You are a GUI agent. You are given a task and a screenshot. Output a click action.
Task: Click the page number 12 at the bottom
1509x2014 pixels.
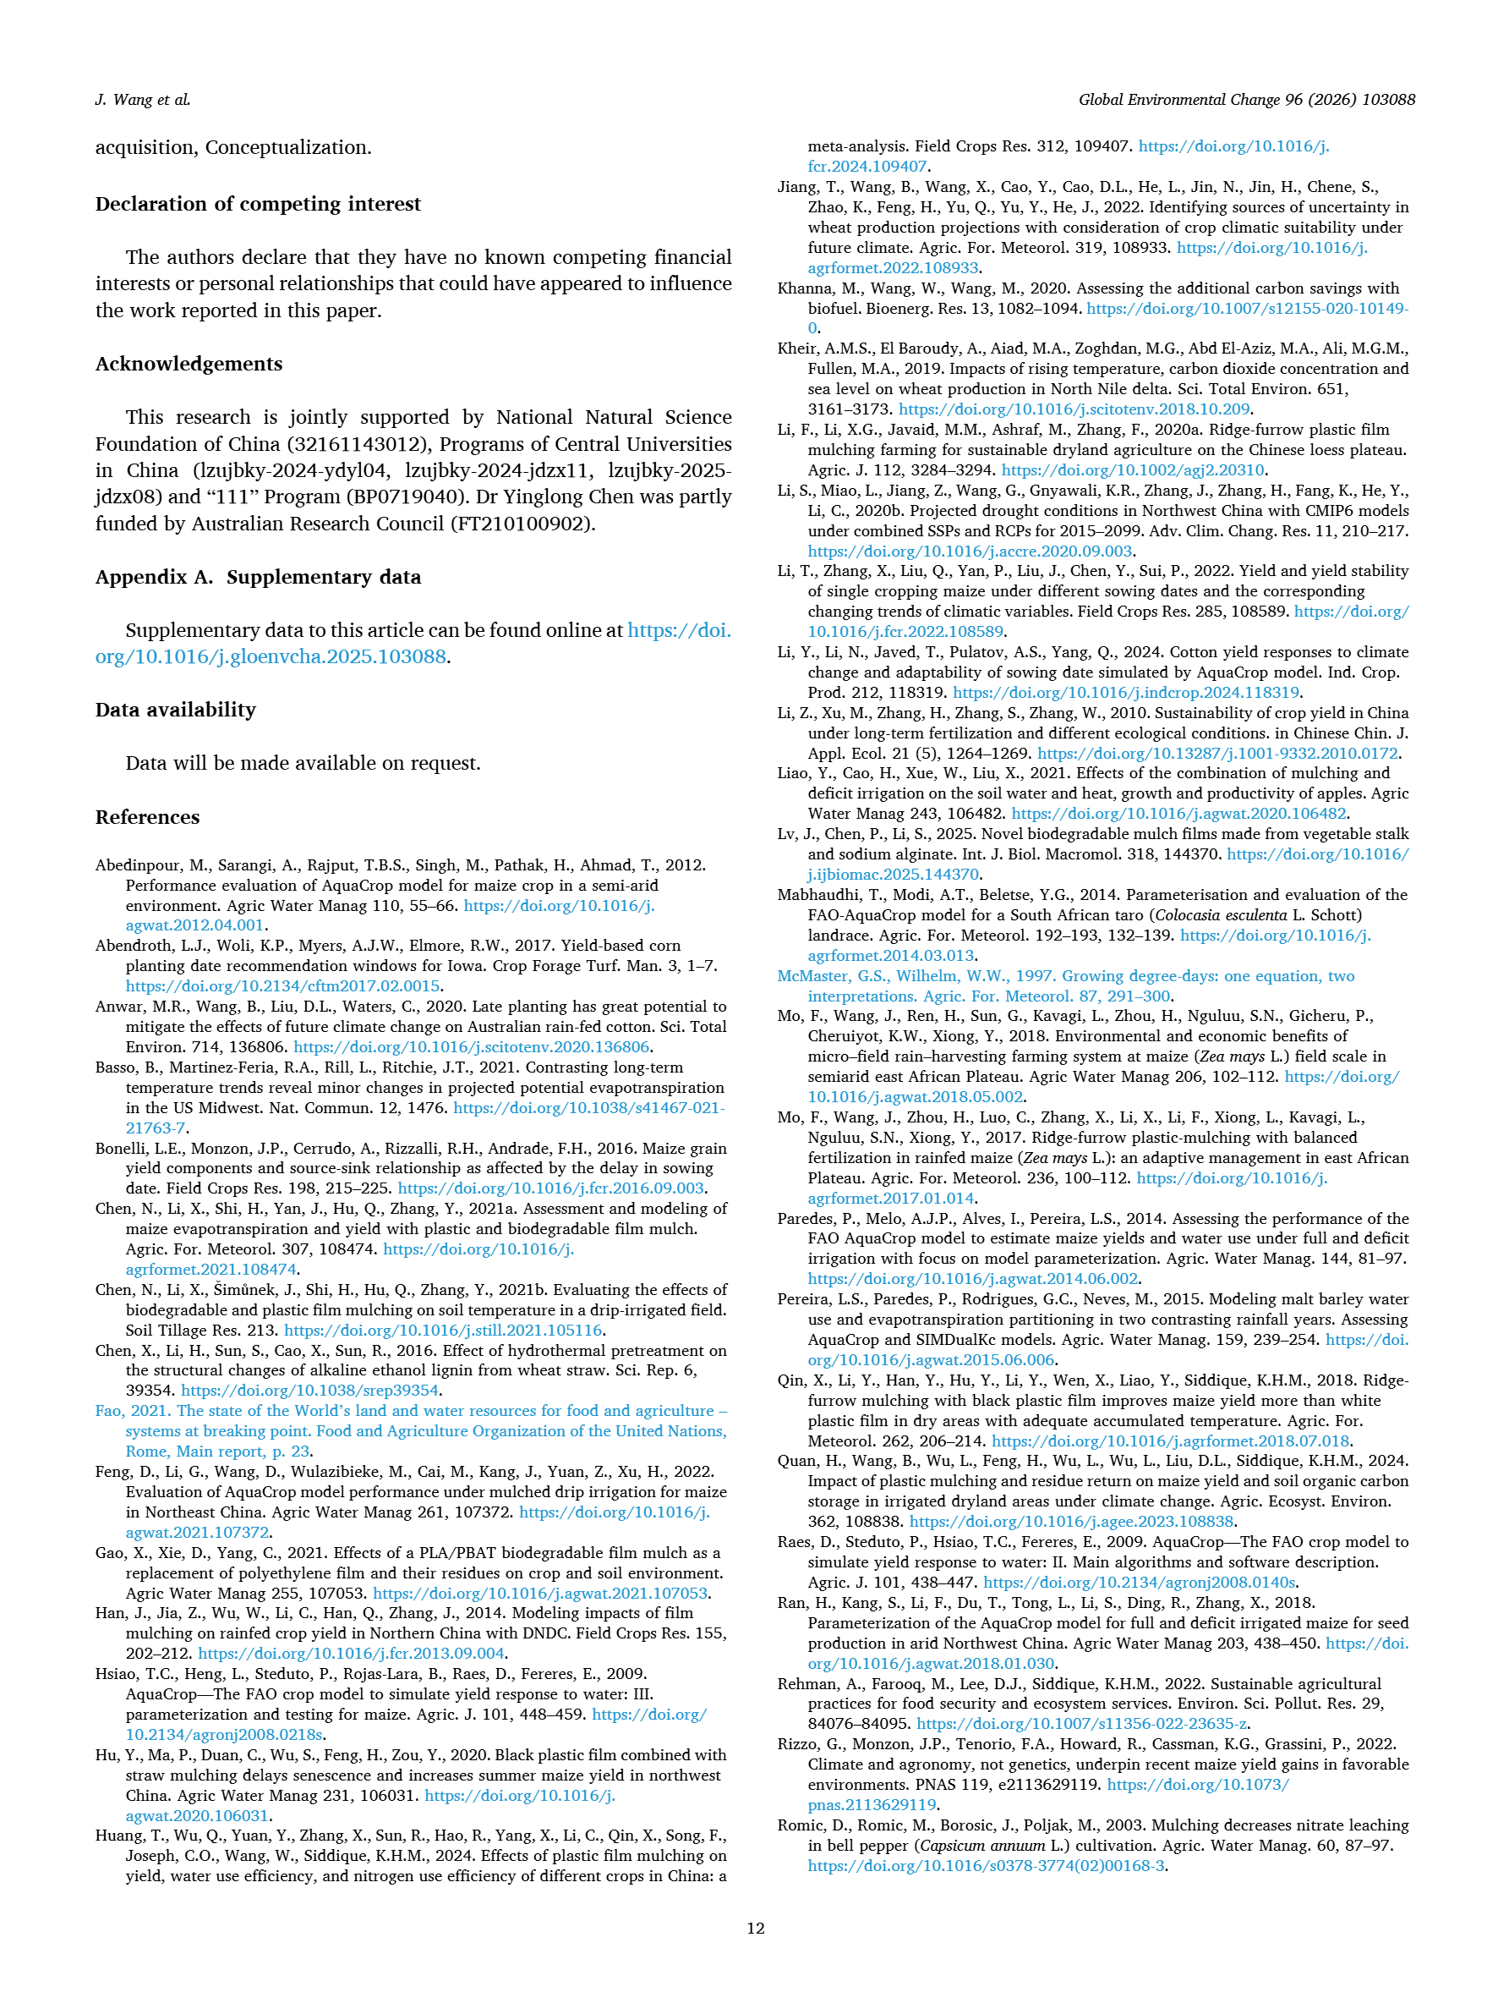[x=754, y=1928]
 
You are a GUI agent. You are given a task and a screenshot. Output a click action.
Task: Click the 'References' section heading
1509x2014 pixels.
[x=146, y=817]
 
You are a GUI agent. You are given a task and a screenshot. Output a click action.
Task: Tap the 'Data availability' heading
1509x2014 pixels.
[x=176, y=710]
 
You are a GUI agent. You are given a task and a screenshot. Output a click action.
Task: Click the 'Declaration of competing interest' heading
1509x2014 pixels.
[x=258, y=203]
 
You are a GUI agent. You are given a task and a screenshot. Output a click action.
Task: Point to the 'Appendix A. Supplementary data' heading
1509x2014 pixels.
[x=258, y=576]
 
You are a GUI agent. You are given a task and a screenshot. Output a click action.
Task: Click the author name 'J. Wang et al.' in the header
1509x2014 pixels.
[x=143, y=99]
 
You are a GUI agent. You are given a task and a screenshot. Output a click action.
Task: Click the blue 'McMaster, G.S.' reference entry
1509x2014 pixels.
[x=1065, y=976]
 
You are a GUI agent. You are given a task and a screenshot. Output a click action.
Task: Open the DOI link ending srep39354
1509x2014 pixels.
[x=310, y=1391]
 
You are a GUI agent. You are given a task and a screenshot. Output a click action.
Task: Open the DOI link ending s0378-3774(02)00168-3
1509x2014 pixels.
[x=986, y=1866]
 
